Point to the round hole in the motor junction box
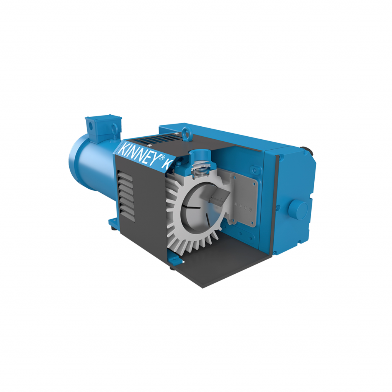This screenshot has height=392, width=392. [90, 125]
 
